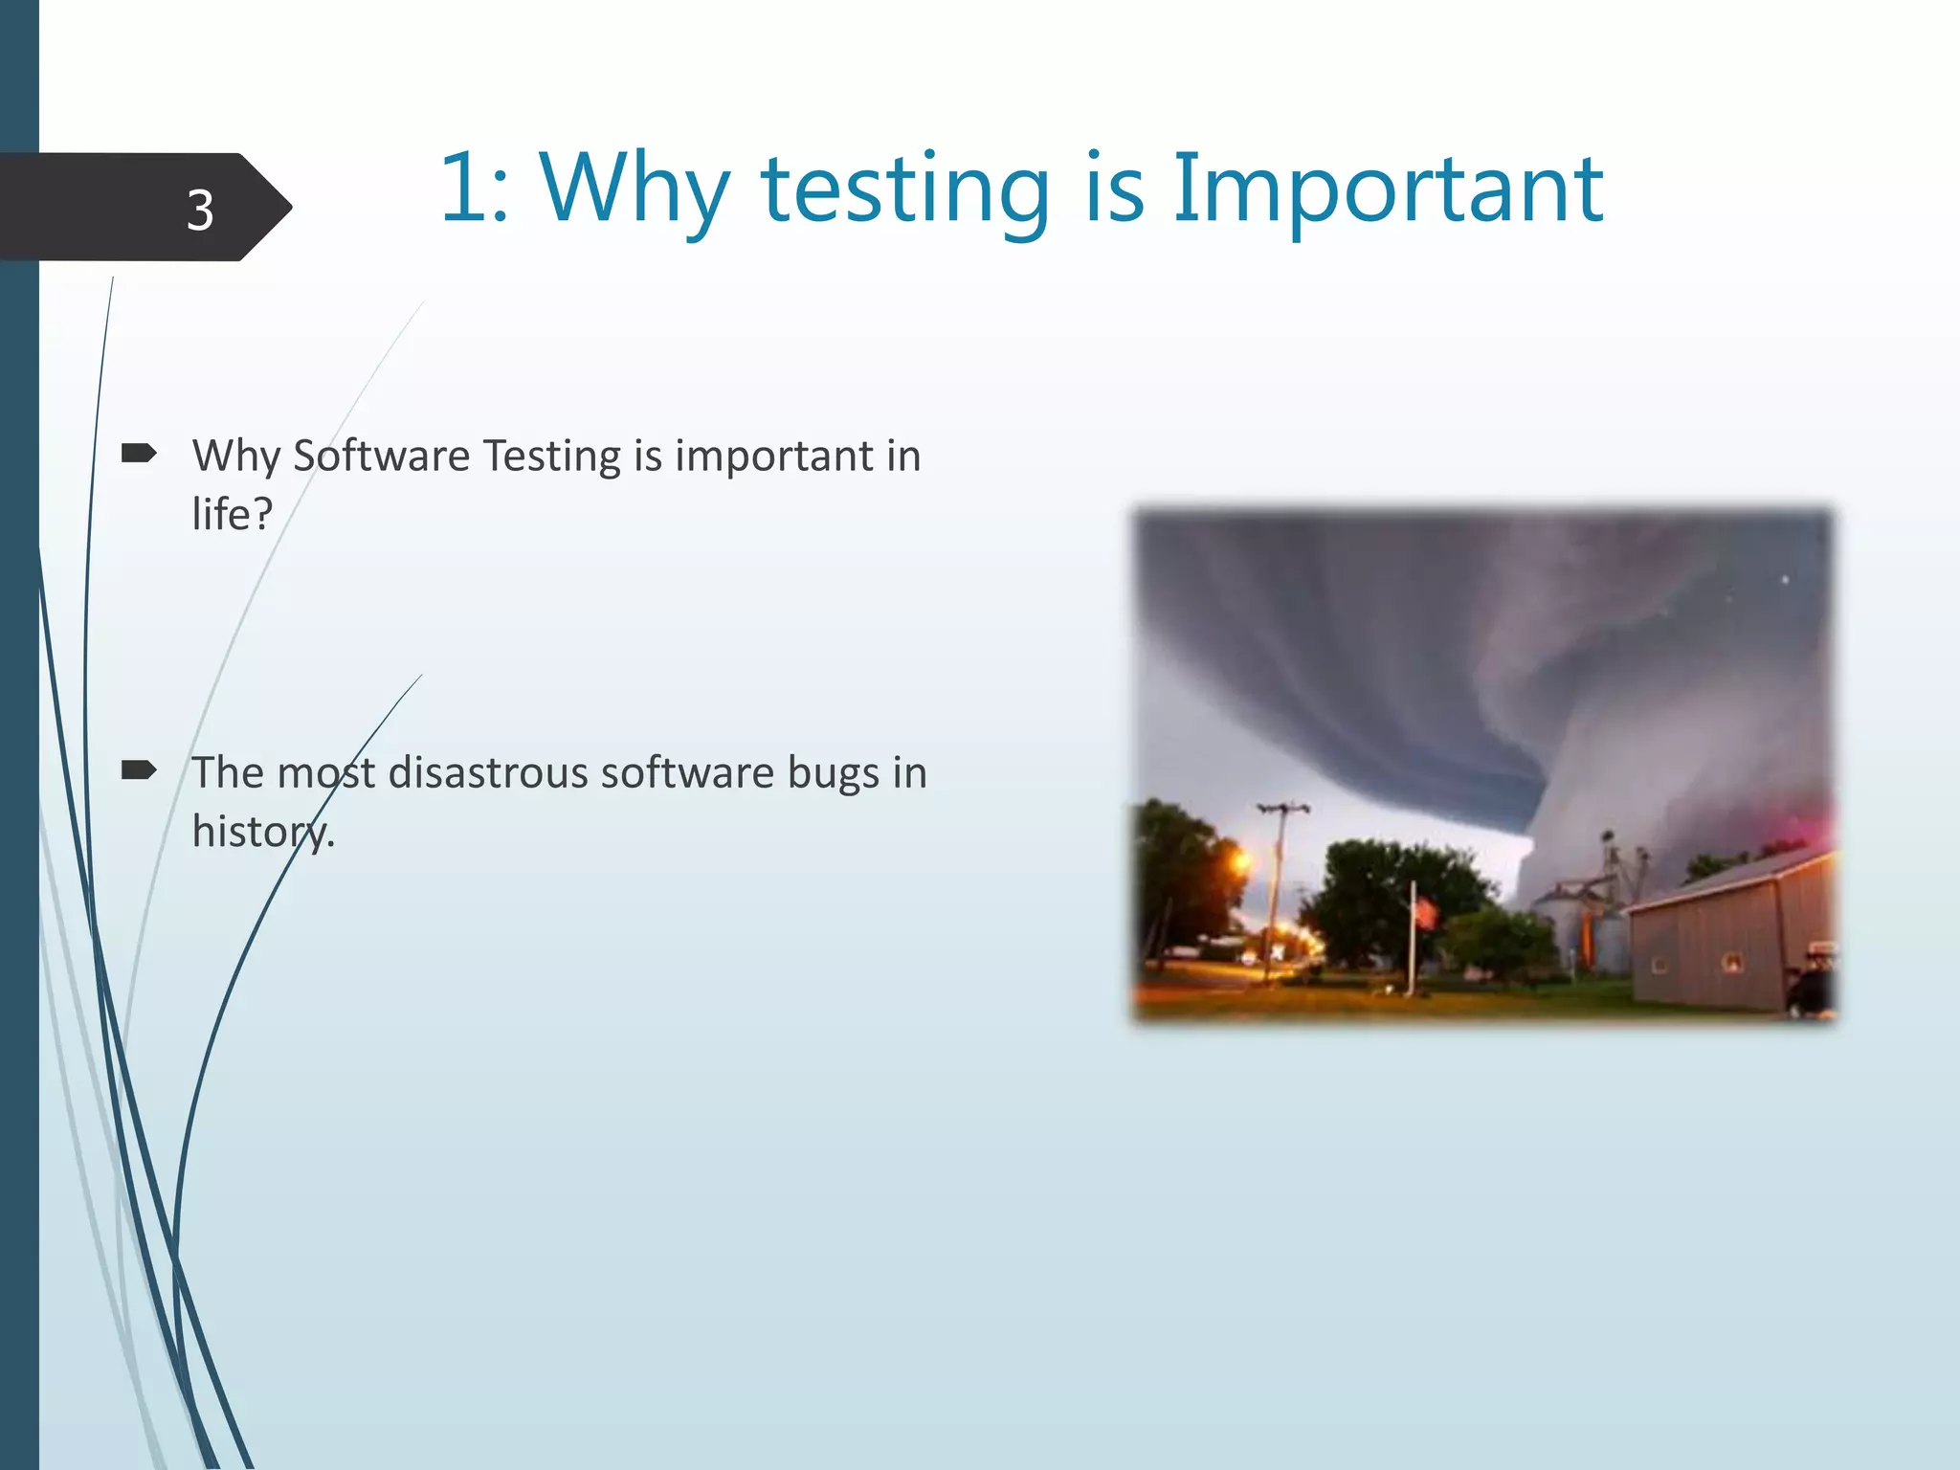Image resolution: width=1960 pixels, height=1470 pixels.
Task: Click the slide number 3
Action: (199, 210)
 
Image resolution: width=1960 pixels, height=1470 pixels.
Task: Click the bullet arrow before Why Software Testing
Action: (139, 454)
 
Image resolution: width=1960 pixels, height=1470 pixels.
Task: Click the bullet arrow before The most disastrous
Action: (139, 770)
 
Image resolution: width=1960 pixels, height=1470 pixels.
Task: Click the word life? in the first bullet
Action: (233, 515)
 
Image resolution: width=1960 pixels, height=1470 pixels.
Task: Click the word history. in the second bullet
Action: (263, 832)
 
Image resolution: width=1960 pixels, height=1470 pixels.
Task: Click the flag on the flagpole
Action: (1426, 914)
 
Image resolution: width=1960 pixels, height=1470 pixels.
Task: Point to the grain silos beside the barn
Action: (1579, 919)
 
